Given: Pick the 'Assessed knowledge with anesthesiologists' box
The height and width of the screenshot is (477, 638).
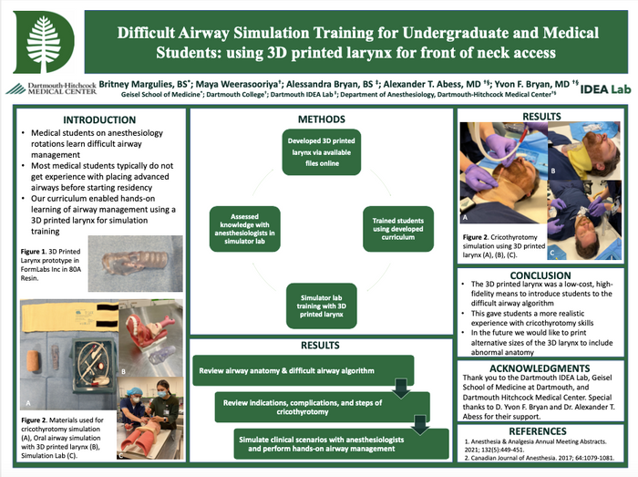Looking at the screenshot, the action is pyautogui.click(x=240, y=223).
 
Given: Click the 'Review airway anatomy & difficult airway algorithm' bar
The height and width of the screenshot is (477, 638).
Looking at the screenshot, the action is pyautogui.click(x=301, y=369).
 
